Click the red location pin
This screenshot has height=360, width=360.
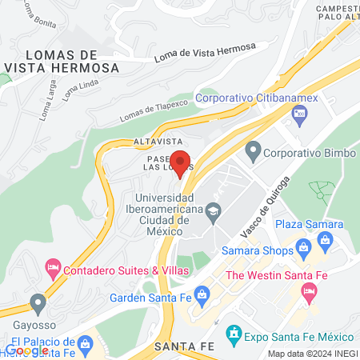coord(181,163)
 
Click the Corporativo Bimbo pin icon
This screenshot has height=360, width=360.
coord(254,150)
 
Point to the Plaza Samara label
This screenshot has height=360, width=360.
coord(310,224)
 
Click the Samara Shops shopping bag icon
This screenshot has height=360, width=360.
coord(302,249)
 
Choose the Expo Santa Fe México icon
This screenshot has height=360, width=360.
coord(234,331)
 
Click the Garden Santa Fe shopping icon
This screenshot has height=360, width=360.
coord(202,294)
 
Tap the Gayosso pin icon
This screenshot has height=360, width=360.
coord(38,303)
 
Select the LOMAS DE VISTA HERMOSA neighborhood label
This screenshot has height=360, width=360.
coord(62,61)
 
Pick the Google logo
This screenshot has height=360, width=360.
coord(26,350)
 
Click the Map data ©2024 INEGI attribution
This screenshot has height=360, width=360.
coord(311,354)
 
